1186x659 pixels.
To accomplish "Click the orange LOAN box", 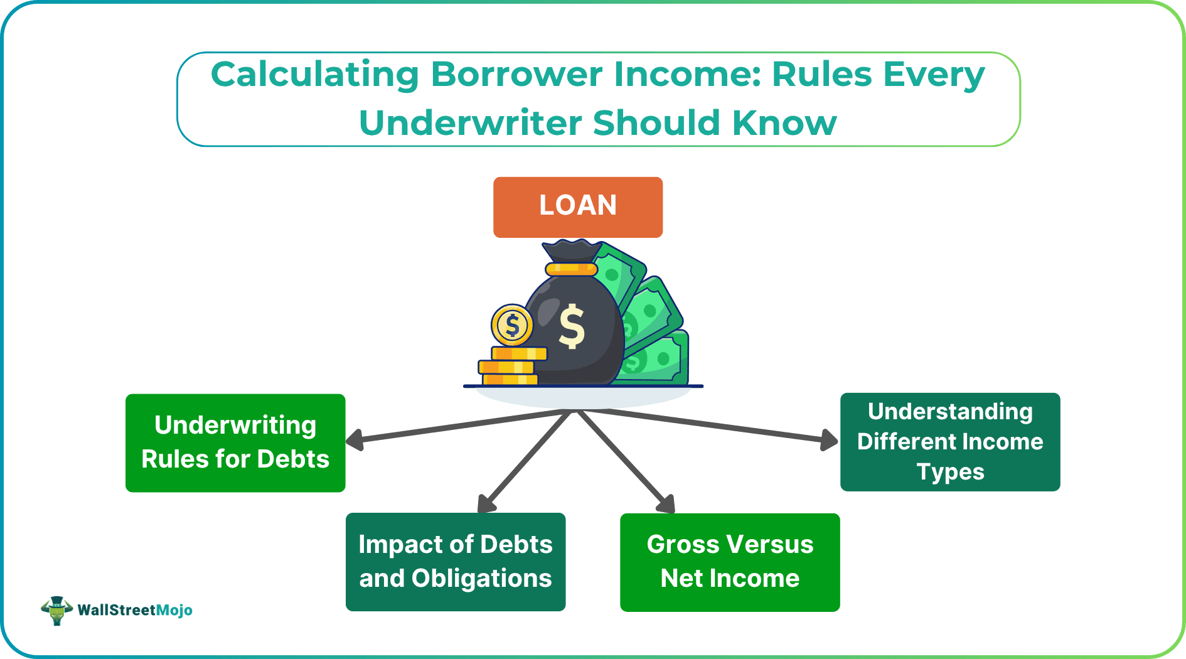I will click(577, 206).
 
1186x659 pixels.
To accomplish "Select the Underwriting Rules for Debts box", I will click(235, 442).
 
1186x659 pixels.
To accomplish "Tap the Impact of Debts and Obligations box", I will click(456, 562).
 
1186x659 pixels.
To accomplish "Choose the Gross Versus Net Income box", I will click(730, 562).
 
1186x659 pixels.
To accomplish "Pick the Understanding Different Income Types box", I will click(950, 442).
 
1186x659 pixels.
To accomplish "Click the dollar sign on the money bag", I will click(572, 326).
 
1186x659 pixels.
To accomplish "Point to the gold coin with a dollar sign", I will click(512, 325).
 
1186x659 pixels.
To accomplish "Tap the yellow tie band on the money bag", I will click(570, 269).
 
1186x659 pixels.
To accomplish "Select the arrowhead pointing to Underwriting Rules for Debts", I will click(355, 439).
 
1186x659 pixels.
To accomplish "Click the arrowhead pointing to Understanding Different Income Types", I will click(830, 439).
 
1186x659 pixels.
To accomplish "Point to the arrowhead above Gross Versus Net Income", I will click(667, 504).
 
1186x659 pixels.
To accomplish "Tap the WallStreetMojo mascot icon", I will click(56, 610).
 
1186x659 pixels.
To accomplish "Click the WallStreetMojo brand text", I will click(135, 610).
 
